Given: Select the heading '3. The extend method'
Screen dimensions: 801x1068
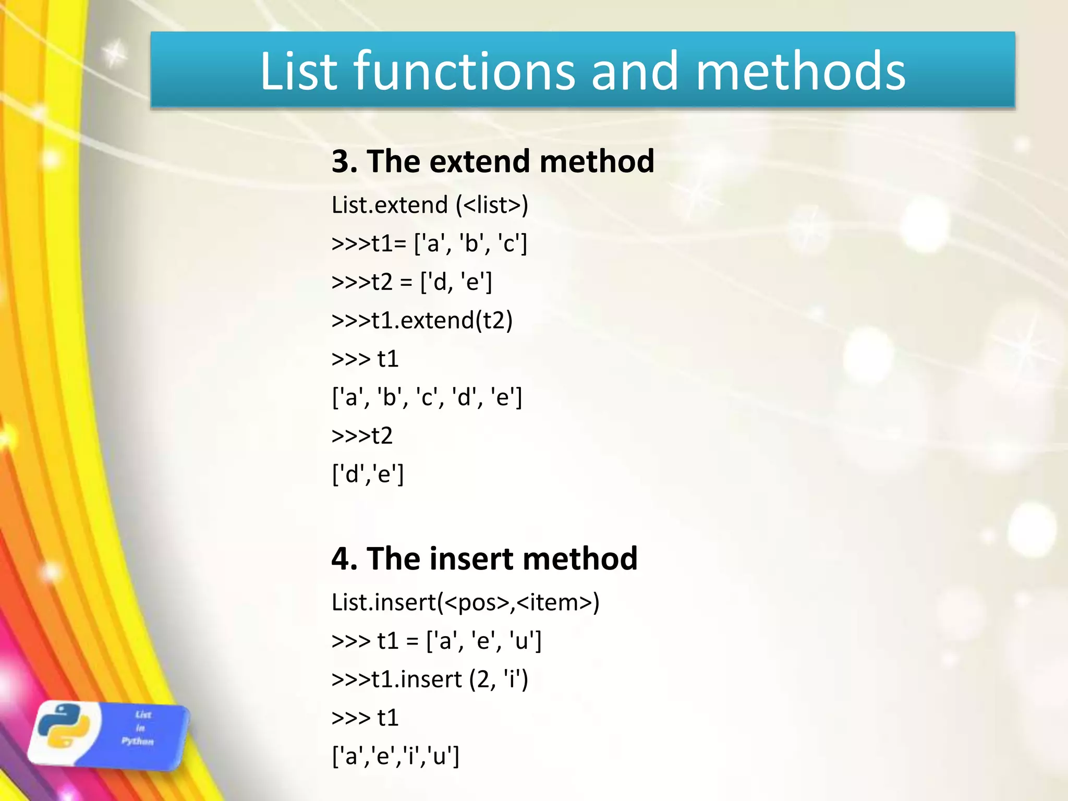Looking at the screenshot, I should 493,161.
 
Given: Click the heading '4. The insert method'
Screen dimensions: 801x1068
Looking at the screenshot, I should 484,559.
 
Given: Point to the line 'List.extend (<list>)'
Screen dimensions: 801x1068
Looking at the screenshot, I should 430,205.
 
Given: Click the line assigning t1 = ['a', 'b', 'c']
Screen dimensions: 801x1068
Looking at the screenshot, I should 430,244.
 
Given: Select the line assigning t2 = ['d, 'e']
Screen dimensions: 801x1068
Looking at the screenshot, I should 412,282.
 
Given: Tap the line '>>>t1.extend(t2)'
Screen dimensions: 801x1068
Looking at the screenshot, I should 422,320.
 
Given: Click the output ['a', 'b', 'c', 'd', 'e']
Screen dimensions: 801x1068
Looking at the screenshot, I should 427,397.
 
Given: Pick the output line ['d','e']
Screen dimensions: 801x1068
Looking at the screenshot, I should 368,474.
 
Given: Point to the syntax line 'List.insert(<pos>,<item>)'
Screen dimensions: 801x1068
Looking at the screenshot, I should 466,602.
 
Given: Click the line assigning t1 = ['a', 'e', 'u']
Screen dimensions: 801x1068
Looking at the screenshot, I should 437,641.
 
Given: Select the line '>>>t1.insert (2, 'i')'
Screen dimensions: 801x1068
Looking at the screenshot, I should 430,679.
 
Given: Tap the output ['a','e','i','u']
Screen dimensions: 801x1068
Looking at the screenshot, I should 396,756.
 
